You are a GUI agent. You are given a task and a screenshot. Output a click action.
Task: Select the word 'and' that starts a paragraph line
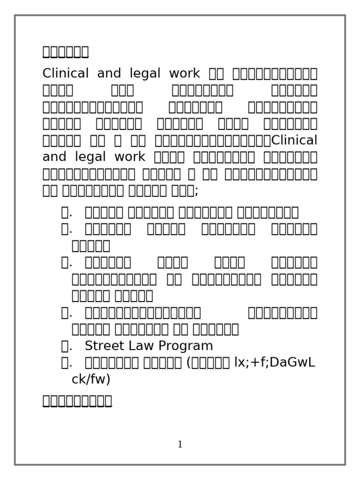tap(54, 157)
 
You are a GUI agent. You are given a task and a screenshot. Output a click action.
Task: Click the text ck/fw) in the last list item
tap(90, 379)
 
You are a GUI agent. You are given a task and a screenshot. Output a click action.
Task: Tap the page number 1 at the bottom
tap(180, 445)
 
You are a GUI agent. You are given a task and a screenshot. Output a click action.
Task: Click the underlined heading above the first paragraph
tap(66, 51)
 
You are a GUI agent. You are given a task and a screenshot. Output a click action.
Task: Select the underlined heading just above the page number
tap(77, 401)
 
